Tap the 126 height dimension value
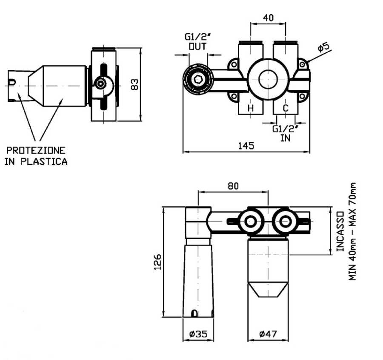click(157, 262)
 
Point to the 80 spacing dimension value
click(233, 186)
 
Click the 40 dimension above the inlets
click(268, 17)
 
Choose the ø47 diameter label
click(268, 334)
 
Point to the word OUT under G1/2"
click(197, 46)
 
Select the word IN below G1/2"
click(285, 138)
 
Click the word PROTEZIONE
click(36, 150)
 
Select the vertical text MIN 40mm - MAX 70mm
click(353, 232)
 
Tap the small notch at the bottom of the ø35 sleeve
click(194, 314)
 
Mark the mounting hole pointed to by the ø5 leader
click(302, 64)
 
